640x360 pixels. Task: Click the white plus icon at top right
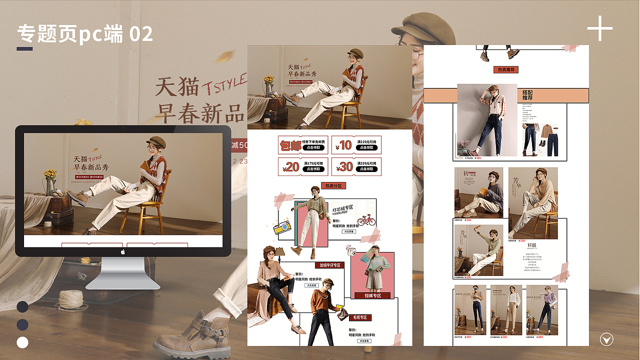(599, 28)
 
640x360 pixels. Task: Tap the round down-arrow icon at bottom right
(606, 340)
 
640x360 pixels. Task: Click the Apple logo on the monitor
(123, 252)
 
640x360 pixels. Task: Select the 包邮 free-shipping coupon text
(290, 145)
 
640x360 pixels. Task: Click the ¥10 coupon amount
(345, 145)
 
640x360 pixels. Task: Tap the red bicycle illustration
(366, 220)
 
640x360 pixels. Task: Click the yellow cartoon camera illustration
(282, 227)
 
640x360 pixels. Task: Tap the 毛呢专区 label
(360, 317)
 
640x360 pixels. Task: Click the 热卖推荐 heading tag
(506, 69)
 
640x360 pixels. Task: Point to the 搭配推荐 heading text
(527, 95)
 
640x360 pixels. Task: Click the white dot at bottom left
(22, 342)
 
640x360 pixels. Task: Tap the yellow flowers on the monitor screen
(50, 174)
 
